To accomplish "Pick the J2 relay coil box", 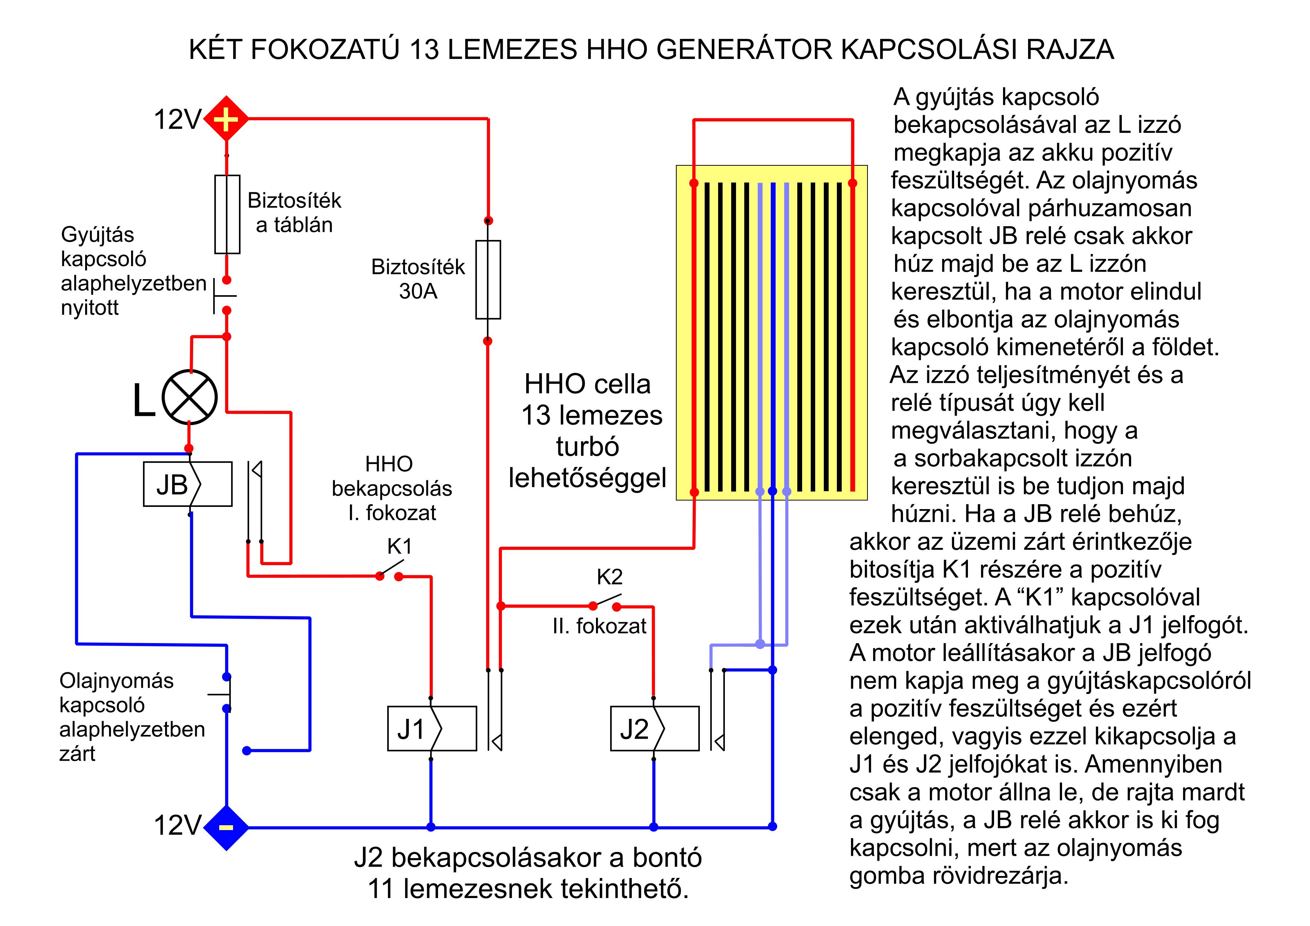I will tap(654, 729).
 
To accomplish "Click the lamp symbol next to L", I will tap(189, 397).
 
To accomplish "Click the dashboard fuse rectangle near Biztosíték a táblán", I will tap(227, 214).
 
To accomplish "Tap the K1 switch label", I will tap(400, 547).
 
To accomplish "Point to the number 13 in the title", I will tap(423, 50).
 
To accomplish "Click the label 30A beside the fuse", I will tap(418, 291).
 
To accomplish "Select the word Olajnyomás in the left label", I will tap(117, 681).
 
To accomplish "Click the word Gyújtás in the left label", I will tap(97, 235).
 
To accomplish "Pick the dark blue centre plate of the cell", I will tap(773, 336).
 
